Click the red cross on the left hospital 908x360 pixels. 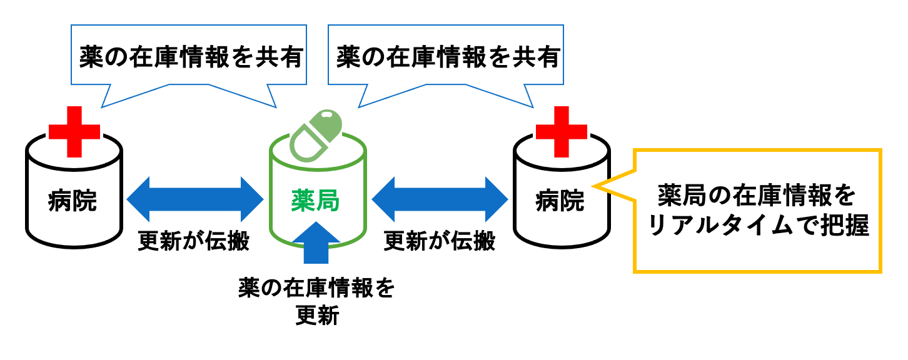pos(74,131)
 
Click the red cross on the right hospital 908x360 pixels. pos(562,131)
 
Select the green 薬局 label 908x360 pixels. pos(316,201)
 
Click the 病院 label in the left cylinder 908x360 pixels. pos(73,201)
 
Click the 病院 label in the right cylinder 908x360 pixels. pos(560,201)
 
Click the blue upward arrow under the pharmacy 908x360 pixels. pos(318,244)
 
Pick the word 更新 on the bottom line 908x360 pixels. pos(316,317)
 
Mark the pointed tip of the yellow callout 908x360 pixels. pos(593,186)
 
